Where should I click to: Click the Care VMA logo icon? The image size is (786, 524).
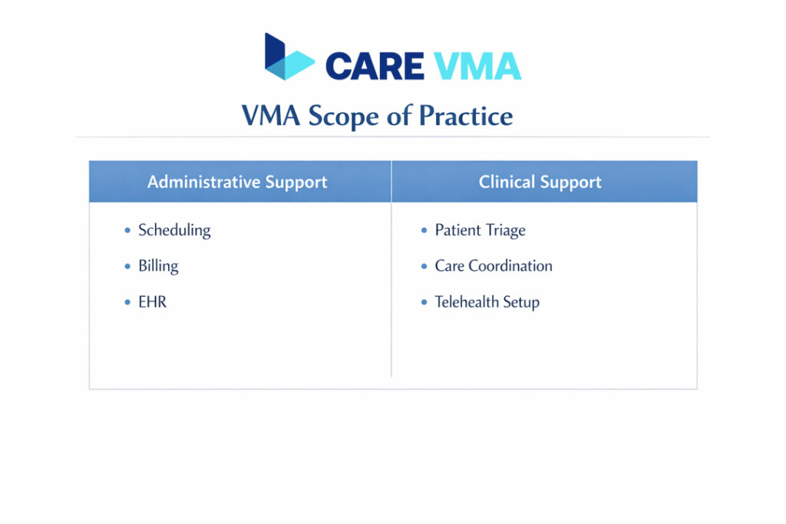pyautogui.click(x=288, y=58)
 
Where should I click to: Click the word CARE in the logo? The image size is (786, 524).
pyautogui.click(x=374, y=66)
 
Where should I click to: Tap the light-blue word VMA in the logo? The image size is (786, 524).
pyautogui.click(x=477, y=66)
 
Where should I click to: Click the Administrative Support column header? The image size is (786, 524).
pyautogui.click(x=237, y=182)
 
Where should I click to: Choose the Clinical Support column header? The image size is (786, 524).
pyautogui.click(x=540, y=182)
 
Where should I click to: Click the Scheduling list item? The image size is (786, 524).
pyautogui.click(x=174, y=230)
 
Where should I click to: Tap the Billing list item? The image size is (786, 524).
pyautogui.click(x=158, y=266)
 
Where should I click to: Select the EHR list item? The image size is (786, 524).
pyautogui.click(x=152, y=302)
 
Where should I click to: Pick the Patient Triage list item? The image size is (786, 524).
pyautogui.click(x=481, y=230)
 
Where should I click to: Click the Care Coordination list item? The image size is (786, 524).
pyautogui.click(x=494, y=266)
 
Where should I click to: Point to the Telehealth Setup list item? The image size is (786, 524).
pyautogui.click(x=487, y=302)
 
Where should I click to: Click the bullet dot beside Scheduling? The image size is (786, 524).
pyautogui.click(x=127, y=230)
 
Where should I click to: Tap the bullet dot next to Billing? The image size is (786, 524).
pyautogui.click(x=127, y=266)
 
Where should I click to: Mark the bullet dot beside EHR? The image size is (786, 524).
pyautogui.click(x=127, y=302)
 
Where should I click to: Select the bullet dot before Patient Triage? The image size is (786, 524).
pyautogui.click(x=424, y=230)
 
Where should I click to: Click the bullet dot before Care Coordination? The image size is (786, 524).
pyautogui.click(x=424, y=266)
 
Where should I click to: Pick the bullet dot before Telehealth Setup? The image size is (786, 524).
pyautogui.click(x=424, y=302)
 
